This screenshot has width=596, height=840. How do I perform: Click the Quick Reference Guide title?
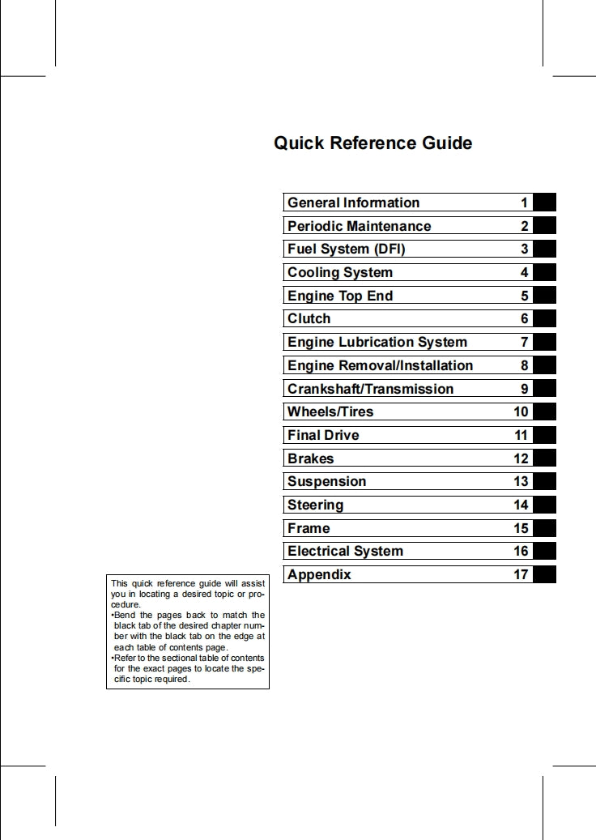pyautogui.click(x=372, y=143)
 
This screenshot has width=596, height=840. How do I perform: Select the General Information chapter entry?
pyautogui.click(x=353, y=203)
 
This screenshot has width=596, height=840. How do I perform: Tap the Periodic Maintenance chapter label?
pyautogui.click(x=359, y=226)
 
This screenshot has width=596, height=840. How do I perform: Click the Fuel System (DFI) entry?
pyautogui.click(x=346, y=249)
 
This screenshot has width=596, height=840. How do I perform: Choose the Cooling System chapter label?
pyautogui.click(x=340, y=273)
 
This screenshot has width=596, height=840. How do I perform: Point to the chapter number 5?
pyautogui.click(x=525, y=296)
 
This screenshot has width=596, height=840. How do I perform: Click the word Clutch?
pyautogui.click(x=309, y=319)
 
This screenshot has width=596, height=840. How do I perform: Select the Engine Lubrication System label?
pyautogui.click(x=377, y=343)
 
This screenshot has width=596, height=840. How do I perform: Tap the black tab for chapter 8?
pyautogui.click(x=544, y=365)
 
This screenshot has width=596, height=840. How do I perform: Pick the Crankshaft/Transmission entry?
pyautogui.click(x=370, y=389)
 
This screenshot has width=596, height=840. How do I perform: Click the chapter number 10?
pyautogui.click(x=521, y=412)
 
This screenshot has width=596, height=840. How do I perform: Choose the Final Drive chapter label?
pyautogui.click(x=323, y=435)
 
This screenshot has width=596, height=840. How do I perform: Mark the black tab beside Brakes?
pyautogui.click(x=544, y=458)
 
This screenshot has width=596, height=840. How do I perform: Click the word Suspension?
pyautogui.click(x=326, y=482)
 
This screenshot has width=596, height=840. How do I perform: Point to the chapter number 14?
pyautogui.click(x=521, y=505)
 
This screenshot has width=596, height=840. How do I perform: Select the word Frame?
pyautogui.click(x=309, y=528)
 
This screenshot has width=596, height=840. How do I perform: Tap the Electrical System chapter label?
pyautogui.click(x=345, y=552)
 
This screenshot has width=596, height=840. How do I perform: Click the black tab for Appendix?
pyautogui.click(x=544, y=575)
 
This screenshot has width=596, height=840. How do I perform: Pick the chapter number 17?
pyautogui.click(x=521, y=575)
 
